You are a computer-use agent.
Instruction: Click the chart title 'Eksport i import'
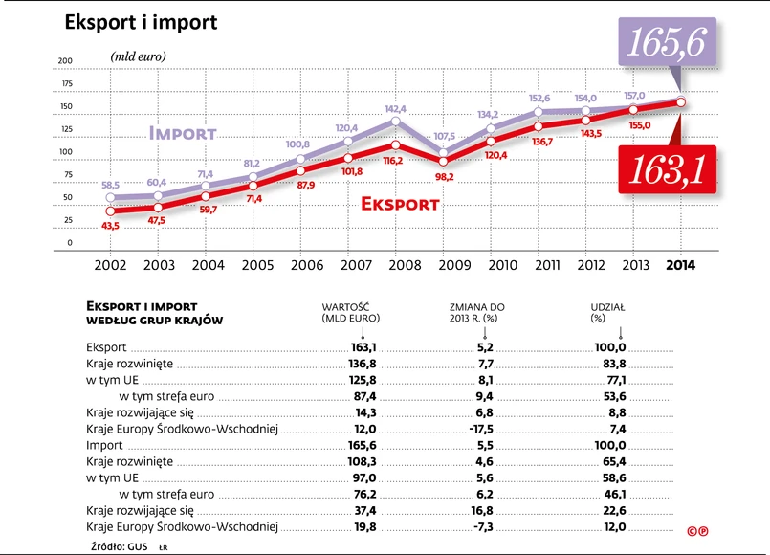pyautogui.click(x=141, y=21)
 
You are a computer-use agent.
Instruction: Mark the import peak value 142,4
pyautogui.click(x=394, y=109)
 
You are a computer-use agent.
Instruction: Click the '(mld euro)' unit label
pyautogui.click(x=138, y=56)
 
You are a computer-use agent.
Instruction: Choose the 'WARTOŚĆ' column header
pyautogui.click(x=350, y=307)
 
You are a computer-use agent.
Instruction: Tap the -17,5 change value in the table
pyautogui.click(x=481, y=429)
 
